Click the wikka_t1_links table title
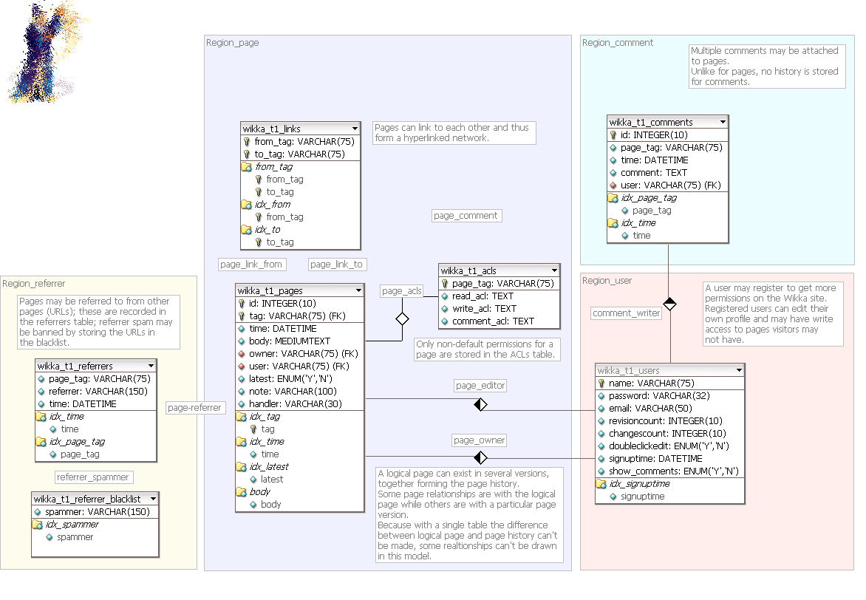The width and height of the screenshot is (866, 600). (271, 129)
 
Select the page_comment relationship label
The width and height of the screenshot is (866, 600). (466, 216)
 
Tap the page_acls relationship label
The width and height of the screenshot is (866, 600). (402, 291)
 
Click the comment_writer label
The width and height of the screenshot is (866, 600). (627, 313)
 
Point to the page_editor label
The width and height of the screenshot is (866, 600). (480, 386)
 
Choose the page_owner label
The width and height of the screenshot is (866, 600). (480, 440)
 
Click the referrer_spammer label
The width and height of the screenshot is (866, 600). (93, 477)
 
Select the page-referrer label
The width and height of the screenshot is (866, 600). (194, 407)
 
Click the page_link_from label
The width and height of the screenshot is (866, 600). (251, 264)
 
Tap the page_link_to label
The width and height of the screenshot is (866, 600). (336, 264)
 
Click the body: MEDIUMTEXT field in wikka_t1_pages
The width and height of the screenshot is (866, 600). (290, 341)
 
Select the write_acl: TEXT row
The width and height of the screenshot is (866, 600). (484, 308)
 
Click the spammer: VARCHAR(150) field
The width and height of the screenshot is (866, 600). (92, 511)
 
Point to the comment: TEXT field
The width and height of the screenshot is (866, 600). (654, 172)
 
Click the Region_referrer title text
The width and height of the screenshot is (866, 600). (34, 283)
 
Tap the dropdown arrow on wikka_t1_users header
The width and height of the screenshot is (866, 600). (739, 370)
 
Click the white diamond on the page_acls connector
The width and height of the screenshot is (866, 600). (402, 319)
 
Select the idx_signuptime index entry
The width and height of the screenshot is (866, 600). (645, 484)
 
